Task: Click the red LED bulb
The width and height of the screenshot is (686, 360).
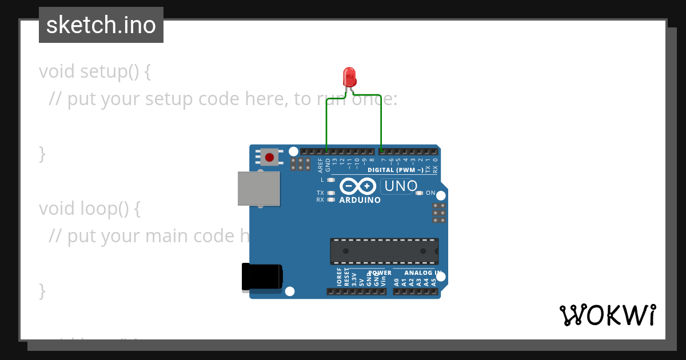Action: point(349,76)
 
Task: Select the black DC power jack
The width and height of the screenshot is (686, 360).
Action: point(262,277)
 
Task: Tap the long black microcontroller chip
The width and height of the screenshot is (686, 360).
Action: point(384,251)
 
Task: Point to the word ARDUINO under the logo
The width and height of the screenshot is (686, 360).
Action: point(360,201)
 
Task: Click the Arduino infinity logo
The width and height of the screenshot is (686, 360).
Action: point(358,186)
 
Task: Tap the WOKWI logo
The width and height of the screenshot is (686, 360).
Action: point(607,315)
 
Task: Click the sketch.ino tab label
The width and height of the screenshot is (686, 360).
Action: point(101,25)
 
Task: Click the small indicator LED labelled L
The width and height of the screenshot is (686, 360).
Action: point(330,180)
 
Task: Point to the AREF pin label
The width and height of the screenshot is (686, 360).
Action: point(320,165)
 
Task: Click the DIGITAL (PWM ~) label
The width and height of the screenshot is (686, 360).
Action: point(396,170)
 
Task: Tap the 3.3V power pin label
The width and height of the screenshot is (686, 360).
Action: point(354,279)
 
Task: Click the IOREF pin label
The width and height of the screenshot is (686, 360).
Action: point(339,277)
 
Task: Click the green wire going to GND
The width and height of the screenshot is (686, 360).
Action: point(326,123)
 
